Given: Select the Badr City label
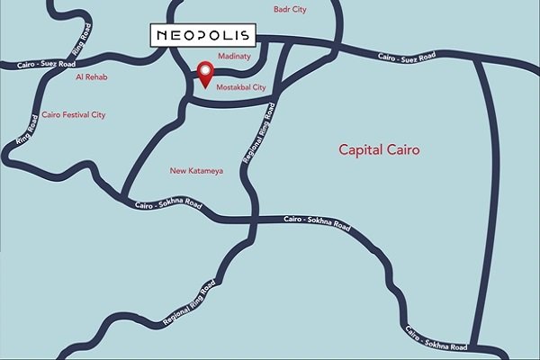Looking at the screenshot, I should (291, 9).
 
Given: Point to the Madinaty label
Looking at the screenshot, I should (232, 56).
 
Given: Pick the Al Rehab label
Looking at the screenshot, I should (92, 77).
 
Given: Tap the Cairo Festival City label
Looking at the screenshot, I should (74, 115).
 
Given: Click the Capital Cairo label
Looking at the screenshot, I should (379, 148).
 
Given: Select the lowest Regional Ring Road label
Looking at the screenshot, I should (188, 308).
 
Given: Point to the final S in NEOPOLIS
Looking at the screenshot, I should (247, 35).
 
